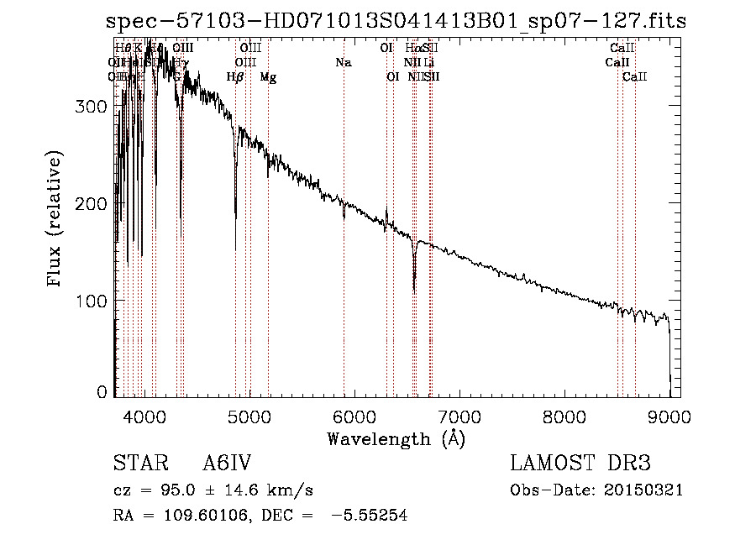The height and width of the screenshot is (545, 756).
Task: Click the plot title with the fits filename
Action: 396,22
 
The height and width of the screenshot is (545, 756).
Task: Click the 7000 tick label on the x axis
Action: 459,414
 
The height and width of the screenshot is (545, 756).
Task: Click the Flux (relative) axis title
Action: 55,220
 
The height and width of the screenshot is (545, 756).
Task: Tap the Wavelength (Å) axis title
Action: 396,438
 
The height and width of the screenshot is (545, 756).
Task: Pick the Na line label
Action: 343,62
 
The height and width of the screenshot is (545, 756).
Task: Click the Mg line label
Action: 268,77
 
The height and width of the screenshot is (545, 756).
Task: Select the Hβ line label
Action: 235,77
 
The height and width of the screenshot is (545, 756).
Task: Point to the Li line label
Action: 429,62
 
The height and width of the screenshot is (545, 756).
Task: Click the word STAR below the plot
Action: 134,464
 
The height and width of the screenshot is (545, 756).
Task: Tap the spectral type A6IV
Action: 227,464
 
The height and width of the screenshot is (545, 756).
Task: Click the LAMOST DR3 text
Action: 580,464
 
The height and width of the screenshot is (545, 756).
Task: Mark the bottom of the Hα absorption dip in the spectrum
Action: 414,291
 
